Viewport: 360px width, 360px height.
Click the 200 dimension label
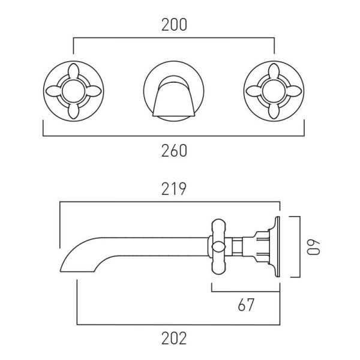(174, 25)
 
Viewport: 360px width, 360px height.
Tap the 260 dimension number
(174, 151)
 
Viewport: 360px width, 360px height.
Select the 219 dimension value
(173, 189)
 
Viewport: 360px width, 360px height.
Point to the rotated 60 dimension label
(313, 248)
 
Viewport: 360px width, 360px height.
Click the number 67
(246, 305)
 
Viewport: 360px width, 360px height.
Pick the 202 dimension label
(174, 338)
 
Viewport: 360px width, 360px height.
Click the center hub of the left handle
(73, 91)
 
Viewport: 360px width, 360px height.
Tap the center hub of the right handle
(274, 91)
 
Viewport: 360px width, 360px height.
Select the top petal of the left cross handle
(73, 71)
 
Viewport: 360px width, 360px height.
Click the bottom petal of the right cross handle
(274, 111)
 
